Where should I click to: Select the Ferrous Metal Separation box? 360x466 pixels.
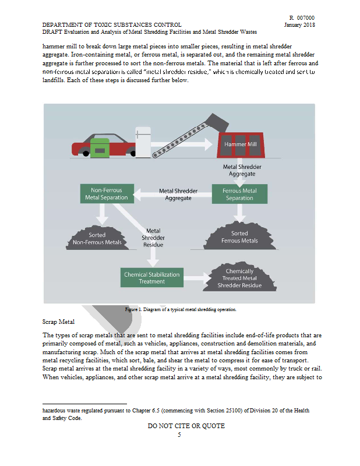click(239, 194)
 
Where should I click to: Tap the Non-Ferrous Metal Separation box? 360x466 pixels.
click(106, 194)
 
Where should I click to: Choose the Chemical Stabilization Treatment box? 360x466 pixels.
click(151, 277)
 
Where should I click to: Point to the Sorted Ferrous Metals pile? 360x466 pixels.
click(239, 235)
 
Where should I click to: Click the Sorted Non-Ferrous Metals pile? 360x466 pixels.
click(97, 237)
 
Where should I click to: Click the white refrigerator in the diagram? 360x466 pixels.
click(143, 140)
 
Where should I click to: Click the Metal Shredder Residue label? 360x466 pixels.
click(153, 238)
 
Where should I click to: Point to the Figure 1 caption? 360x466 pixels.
click(181, 309)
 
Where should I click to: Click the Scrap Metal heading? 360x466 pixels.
click(58, 322)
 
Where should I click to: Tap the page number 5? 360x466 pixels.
click(179, 434)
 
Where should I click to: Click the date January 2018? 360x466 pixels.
click(299, 25)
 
